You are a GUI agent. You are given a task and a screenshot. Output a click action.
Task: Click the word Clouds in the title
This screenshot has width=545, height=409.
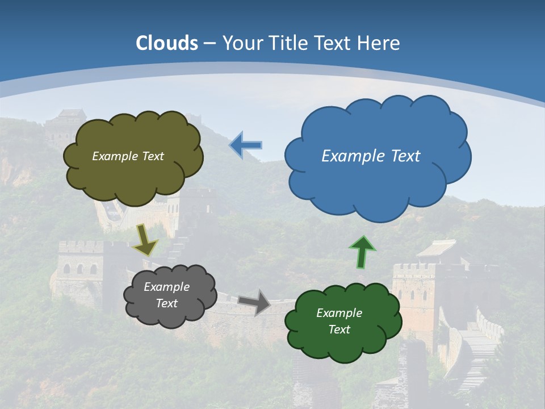point(167,43)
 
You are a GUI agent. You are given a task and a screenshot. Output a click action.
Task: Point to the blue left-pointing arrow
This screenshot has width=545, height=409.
point(245,145)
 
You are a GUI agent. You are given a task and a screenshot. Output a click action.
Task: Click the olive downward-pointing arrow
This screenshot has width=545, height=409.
point(145,239)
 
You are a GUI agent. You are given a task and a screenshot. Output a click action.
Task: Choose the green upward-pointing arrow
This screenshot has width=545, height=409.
point(362,252)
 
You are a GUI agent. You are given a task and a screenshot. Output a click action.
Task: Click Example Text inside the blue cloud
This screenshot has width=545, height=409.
point(371,156)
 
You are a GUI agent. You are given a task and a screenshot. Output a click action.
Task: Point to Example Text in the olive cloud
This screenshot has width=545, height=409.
point(128,156)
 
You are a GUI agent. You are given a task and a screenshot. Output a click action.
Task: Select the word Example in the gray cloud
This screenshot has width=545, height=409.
point(166,287)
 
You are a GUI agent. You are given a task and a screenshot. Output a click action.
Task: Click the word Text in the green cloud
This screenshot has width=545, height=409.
point(339,329)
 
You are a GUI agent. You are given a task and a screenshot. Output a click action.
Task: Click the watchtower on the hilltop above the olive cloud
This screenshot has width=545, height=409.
point(64,123)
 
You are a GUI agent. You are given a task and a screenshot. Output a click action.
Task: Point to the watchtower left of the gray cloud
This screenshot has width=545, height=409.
point(79,267)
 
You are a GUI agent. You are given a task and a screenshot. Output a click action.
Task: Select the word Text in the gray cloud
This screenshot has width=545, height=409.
point(166,303)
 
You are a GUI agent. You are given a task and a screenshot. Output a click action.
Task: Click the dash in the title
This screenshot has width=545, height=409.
point(209,43)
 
